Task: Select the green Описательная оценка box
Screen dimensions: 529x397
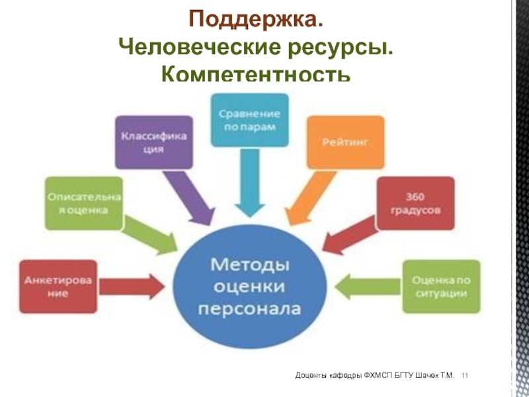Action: tap(83, 204)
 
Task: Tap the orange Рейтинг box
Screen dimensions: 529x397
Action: tap(345, 142)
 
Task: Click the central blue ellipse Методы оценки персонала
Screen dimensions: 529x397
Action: tap(251, 286)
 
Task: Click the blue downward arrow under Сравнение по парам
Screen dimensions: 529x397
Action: tap(249, 182)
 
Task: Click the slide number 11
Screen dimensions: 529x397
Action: tap(465, 376)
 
